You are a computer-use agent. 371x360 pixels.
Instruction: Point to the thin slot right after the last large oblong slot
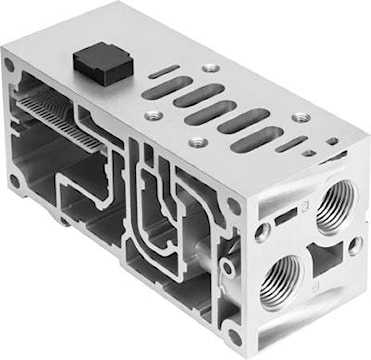pos(287,145)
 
